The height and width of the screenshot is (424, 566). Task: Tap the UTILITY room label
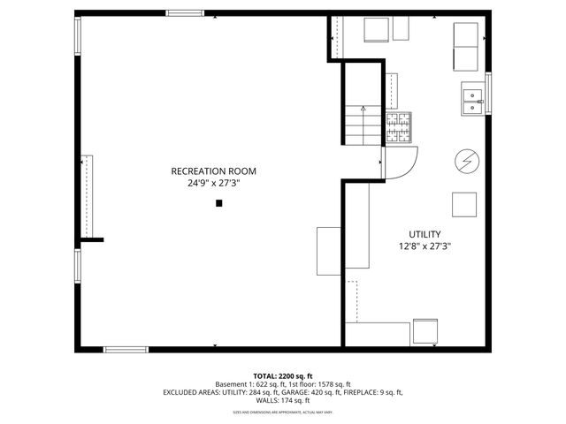click(x=424, y=234)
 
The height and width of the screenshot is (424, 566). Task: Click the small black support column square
click(x=219, y=204)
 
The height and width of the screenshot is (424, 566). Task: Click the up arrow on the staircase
click(x=363, y=110)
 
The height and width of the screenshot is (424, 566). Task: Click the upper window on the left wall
click(x=78, y=36)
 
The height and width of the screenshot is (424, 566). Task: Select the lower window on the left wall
click(x=78, y=270)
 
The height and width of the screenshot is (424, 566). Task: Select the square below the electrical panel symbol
click(x=464, y=204)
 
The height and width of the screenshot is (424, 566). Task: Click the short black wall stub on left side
click(x=92, y=239)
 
